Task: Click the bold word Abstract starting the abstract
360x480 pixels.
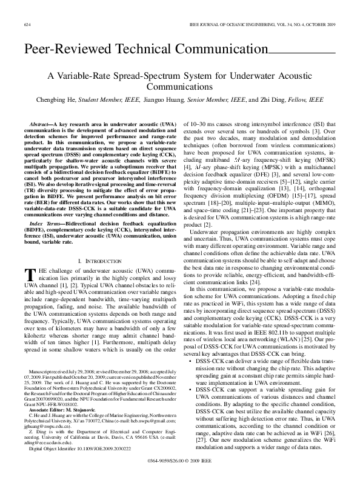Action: (40, 123)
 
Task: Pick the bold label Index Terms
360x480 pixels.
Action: (43, 224)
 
